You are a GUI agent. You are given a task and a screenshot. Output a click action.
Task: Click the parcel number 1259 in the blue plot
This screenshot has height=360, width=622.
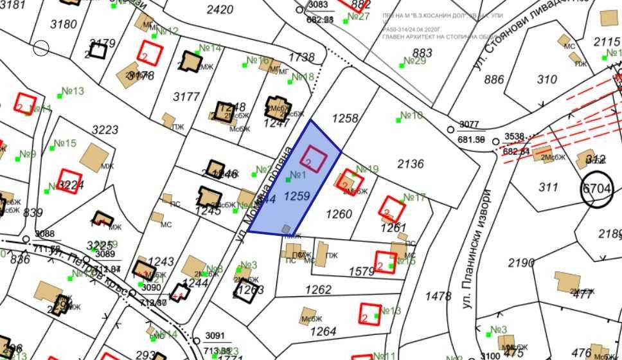297,196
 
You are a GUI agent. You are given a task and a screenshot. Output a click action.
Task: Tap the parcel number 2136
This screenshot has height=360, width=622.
411,164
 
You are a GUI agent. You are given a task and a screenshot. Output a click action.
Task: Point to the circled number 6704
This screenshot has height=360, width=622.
597,188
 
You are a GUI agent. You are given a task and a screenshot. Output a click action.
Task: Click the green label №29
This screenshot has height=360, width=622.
414,61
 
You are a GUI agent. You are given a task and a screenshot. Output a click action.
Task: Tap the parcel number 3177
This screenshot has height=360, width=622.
187,97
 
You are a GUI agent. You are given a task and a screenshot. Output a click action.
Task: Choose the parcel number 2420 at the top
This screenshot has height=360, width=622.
220,10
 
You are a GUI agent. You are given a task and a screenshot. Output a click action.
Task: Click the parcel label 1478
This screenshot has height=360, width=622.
438,296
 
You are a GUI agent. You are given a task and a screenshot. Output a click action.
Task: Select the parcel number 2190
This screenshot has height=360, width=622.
521,263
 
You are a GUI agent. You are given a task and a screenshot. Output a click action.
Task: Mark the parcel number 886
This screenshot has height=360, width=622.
494,80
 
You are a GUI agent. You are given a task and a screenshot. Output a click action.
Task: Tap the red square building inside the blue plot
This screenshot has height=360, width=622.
314,159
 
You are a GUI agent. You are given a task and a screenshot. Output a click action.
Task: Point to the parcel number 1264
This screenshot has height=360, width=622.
323,331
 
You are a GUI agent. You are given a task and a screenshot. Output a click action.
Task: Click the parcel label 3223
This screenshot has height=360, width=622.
105,130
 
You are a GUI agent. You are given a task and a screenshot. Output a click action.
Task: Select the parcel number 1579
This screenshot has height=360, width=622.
361,272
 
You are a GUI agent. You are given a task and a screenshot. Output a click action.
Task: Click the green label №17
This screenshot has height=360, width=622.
414,197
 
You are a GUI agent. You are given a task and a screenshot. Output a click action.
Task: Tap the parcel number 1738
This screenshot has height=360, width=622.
301,57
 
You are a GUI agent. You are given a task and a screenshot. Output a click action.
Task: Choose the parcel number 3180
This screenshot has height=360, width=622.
64,24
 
